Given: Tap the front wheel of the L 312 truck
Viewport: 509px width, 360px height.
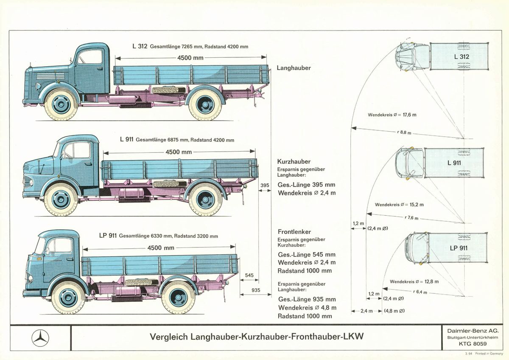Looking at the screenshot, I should [x=61, y=104].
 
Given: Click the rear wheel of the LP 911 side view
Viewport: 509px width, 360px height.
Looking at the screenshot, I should [x=179, y=297].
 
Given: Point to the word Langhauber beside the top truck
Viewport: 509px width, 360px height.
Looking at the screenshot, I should [x=294, y=68].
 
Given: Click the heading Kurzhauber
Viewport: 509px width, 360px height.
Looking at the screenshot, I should [x=294, y=162].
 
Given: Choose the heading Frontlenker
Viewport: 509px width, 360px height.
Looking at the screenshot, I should [x=294, y=232].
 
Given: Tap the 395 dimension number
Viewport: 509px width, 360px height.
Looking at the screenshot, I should [x=265, y=185].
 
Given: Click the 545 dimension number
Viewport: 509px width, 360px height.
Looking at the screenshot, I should [x=249, y=276].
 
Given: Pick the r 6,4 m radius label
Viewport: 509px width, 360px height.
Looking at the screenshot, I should [x=420, y=292].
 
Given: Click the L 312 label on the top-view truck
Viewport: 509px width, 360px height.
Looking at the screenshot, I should [x=461, y=56].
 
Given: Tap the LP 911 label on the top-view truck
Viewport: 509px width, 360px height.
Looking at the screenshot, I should [x=459, y=248].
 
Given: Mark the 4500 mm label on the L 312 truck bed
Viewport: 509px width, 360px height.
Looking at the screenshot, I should [x=190, y=58].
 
